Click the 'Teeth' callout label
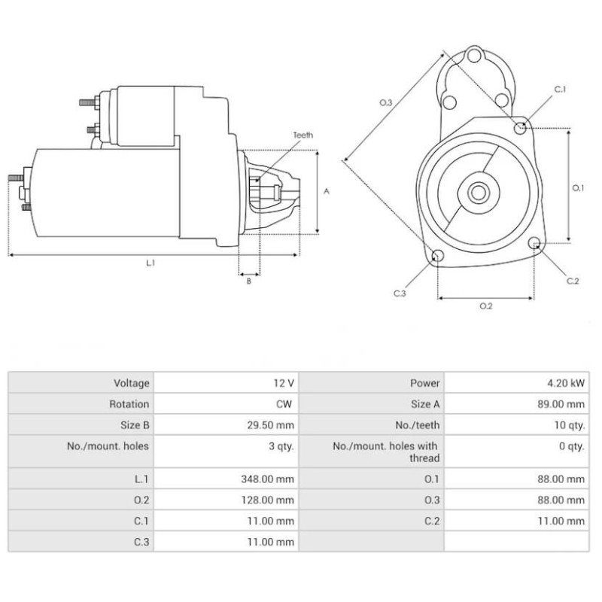303,135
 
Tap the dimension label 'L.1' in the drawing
150,263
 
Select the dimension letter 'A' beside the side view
327,191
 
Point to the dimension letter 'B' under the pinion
248,281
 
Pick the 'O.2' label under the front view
485,306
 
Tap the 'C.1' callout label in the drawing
560,90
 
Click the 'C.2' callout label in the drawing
573,281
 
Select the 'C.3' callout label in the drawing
400,293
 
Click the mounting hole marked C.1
521,128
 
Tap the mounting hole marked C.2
535,244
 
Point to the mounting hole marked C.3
437,256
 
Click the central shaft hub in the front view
478,192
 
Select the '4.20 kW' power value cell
567,383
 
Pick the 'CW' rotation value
284,404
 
